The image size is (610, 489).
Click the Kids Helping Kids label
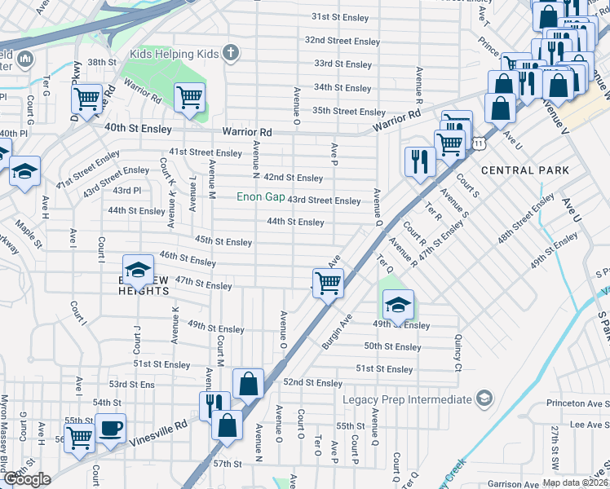[175, 54]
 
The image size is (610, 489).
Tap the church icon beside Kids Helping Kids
[231, 54]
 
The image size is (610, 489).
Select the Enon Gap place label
[260, 197]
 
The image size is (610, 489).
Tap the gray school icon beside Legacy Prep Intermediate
[485, 399]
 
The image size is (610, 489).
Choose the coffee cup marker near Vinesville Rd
[110, 428]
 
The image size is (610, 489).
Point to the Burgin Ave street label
[337, 332]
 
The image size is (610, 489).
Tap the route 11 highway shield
[480, 143]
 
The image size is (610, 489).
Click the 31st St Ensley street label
[346, 16]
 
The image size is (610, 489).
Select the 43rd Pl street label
[126, 190]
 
